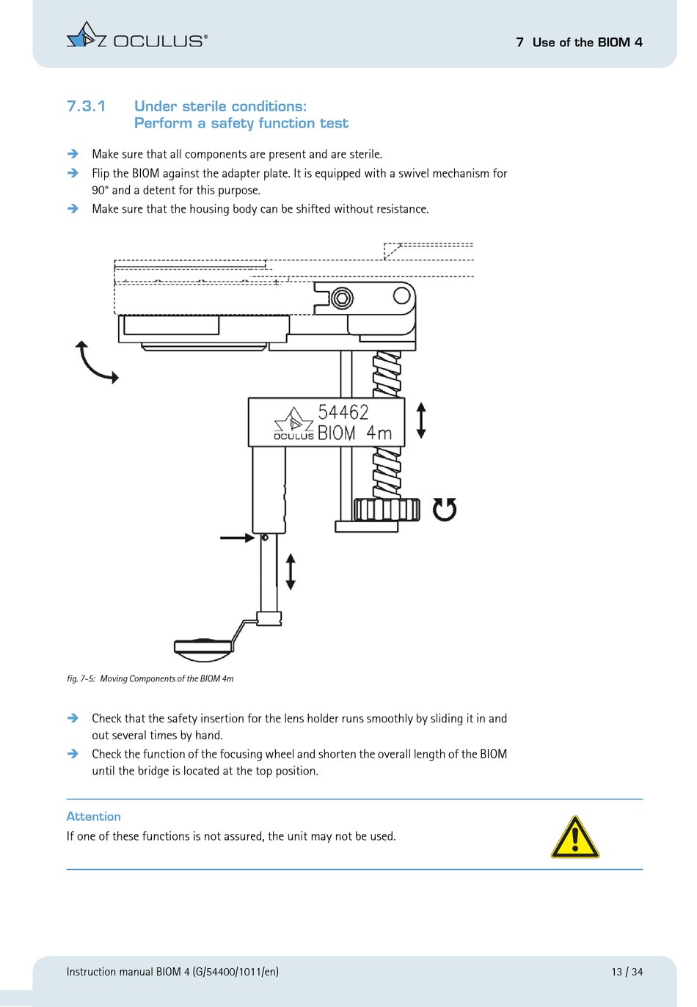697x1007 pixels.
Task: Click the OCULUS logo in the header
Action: click(x=136, y=37)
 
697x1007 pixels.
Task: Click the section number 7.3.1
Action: click(x=86, y=106)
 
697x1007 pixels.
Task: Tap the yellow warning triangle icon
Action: click(x=575, y=838)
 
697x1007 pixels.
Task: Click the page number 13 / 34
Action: click(x=627, y=972)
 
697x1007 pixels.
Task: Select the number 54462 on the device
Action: click(x=343, y=412)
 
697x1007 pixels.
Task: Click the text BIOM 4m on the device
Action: click(x=354, y=433)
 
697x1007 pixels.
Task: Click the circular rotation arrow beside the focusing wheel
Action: click(x=444, y=509)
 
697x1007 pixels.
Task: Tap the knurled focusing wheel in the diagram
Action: click(x=387, y=509)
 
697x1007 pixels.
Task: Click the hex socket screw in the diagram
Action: click(x=342, y=299)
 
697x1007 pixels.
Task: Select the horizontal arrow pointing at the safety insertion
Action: click(x=237, y=538)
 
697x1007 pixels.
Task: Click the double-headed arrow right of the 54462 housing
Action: click(x=420, y=420)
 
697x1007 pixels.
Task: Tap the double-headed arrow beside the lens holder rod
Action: click(x=291, y=571)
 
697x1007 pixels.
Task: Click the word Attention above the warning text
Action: click(x=93, y=816)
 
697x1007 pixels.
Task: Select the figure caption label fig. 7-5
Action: click(x=81, y=678)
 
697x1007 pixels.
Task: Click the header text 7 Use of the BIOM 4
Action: click(x=579, y=43)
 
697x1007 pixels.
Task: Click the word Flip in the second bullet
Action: click(x=101, y=173)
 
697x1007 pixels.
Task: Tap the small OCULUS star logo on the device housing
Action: click(x=293, y=420)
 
